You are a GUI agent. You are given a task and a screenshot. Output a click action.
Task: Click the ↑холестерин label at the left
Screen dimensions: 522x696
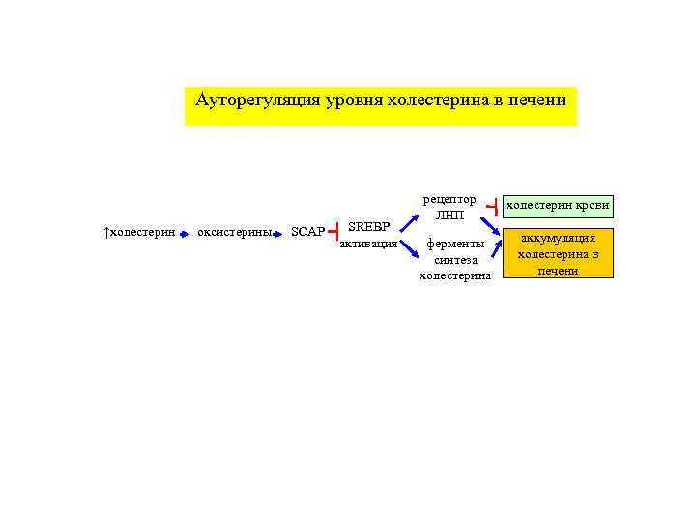(139, 232)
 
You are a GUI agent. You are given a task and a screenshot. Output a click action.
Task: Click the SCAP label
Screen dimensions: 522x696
(308, 233)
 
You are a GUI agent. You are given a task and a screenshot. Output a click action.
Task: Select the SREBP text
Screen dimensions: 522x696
(368, 226)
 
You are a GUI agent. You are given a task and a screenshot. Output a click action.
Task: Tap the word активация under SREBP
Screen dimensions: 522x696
(368, 244)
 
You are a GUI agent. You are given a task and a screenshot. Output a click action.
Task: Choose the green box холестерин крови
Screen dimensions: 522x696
(559, 206)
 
